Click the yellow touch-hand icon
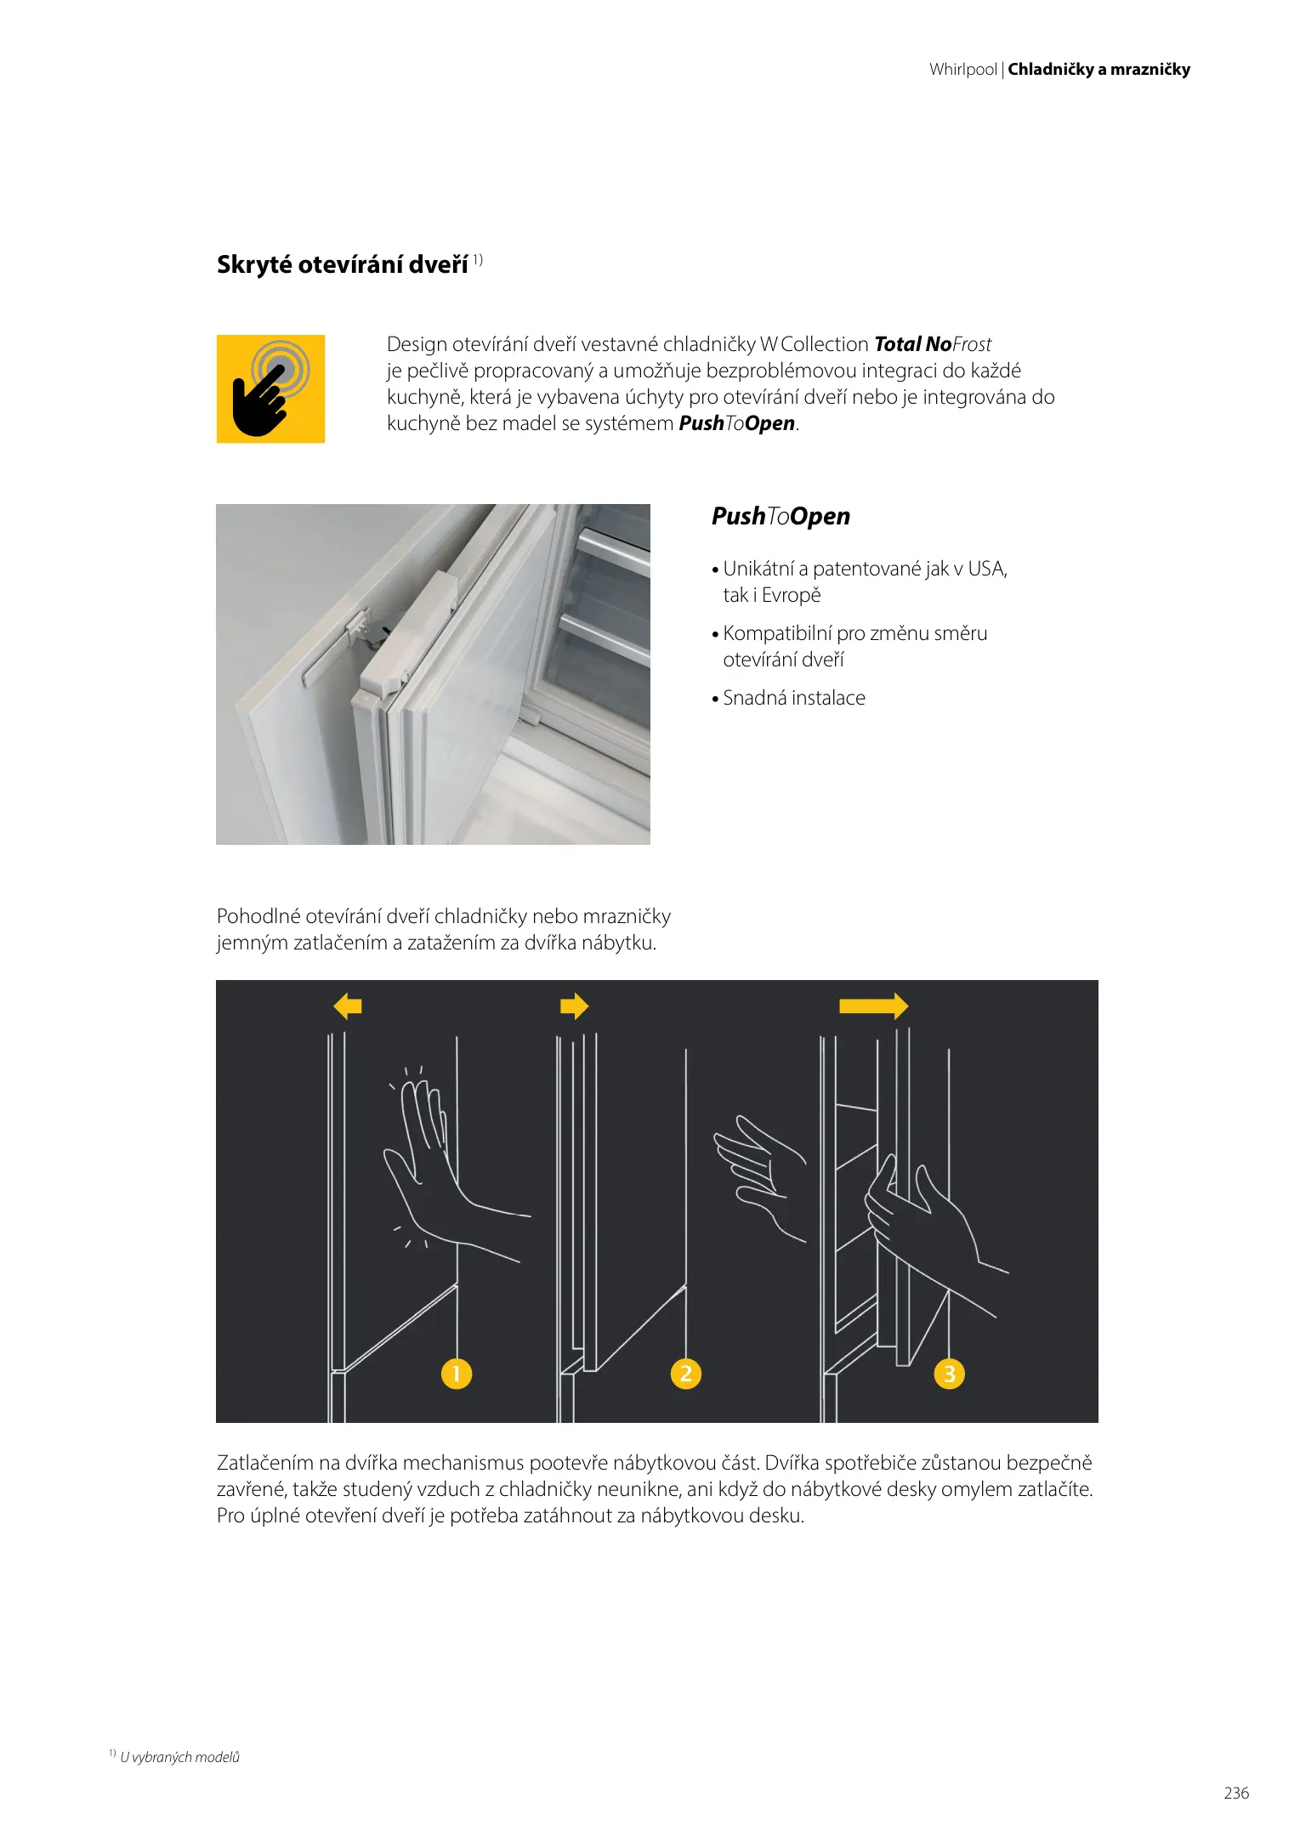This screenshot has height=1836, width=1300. point(270,388)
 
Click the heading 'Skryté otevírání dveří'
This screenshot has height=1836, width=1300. point(342,264)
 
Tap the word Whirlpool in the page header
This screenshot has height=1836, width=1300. point(962,70)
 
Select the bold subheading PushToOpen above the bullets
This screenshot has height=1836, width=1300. point(781,516)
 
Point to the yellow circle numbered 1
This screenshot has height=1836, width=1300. point(457,1373)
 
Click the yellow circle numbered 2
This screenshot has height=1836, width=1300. point(686,1373)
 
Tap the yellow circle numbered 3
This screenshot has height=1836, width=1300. point(949,1373)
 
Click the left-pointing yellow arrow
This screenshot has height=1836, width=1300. point(348,1006)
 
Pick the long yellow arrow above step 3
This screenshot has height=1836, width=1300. point(873,1006)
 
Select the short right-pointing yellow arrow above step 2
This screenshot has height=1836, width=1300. point(575,1006)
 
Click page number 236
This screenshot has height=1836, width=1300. point(1236,1793)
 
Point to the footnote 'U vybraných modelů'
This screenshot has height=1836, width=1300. point(179,1757)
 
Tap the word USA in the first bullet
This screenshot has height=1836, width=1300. point(986,569)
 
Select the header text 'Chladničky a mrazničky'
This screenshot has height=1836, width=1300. point(1098,70)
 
